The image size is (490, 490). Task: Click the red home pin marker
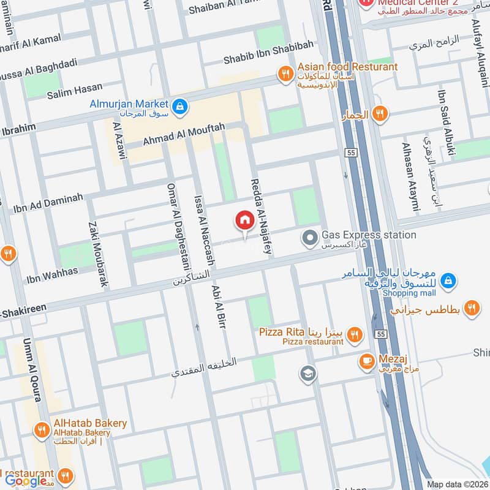pyautogui.click(x=244, y=220)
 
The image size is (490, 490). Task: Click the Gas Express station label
pyautogui.click(x=369, y=235)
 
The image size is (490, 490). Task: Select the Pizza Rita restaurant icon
pyautogui.click(x=353, y=334)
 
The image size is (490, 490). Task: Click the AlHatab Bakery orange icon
pyautogui.click(x=42, y=428)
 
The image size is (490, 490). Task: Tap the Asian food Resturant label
pyautogui.click(x=347, y=67)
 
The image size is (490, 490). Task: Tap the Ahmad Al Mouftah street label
pyautogui.click(x=184, y=135)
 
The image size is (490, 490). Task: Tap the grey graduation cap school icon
pyautogui.click(x=307, y=372)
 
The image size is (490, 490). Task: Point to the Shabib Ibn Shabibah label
pyautogui.click(x=268, y=52)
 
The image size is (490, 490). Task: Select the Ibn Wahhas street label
pyautogui.click(x=52, y=276)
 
